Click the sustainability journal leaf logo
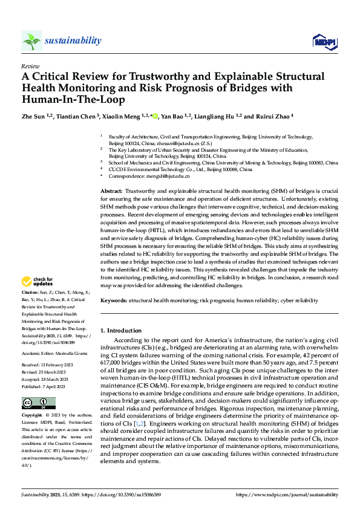point(31,41)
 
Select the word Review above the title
point(30,66)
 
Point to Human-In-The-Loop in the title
point(71,99)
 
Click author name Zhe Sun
point(34,117)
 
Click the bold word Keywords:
point(114,300)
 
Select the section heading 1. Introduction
point(121,331)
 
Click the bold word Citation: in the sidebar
point(31,293)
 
